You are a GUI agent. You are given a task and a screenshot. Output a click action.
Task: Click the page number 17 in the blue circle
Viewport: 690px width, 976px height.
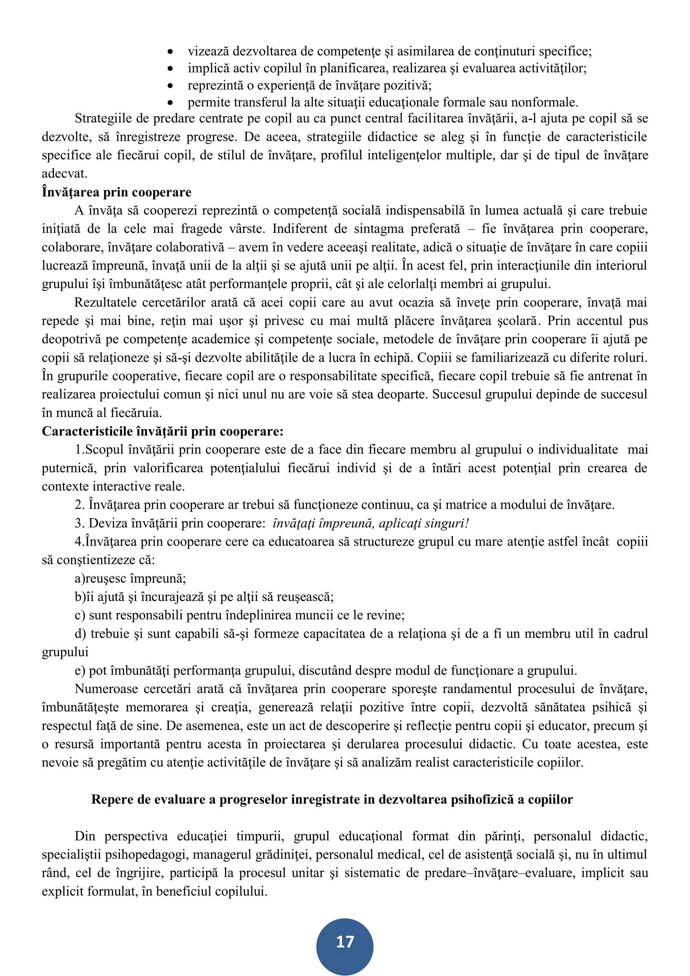click(345, 942)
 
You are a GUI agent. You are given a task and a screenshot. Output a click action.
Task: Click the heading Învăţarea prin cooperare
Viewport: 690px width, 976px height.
click(117, 192)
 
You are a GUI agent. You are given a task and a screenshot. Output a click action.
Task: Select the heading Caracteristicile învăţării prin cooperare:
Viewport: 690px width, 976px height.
click(162, 431)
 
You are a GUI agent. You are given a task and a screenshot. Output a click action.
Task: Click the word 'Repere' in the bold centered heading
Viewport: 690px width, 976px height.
click(112, 799)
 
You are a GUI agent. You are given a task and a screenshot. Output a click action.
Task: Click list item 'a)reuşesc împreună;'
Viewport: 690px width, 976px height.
click(130, 579)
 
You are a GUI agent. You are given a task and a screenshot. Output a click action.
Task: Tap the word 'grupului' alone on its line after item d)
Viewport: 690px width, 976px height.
click(65, 652)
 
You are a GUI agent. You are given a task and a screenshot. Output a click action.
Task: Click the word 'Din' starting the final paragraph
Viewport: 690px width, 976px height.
click(85, 836)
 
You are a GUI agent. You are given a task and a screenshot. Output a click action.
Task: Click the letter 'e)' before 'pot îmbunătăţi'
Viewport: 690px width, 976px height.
click(80, 670)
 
